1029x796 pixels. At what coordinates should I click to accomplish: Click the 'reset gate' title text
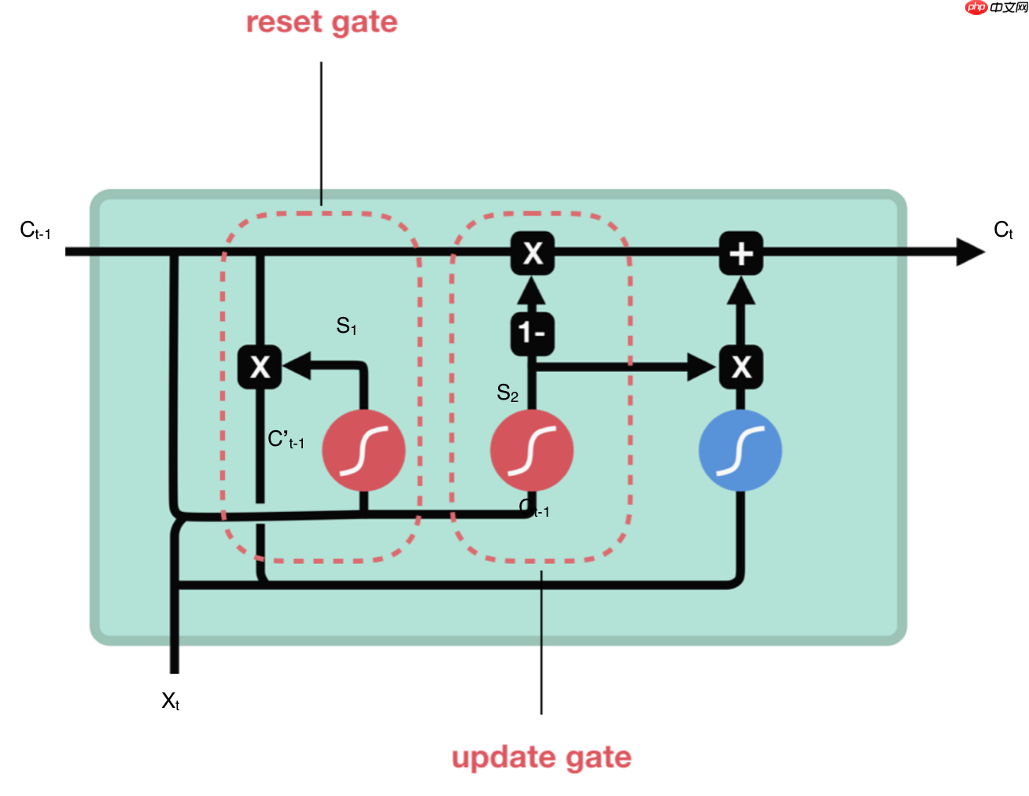[x=321, y=22]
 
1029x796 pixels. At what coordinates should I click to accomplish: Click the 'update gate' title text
[x=541, y=757]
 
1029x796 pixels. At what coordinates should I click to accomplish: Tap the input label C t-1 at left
[x=35, y=230]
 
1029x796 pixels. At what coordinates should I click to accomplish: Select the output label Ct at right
[x=1003, y=230]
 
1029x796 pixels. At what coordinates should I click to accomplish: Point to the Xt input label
[x=170, y=701]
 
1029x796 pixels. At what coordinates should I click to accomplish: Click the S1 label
[x=346, y=326]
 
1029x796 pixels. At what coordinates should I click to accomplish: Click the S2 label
[x=507, y=392]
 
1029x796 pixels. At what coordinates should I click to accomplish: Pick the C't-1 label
[x=286, y=440]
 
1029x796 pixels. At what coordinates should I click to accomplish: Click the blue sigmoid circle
[x=739, y=451]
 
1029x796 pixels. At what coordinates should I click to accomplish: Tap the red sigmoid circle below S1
[x=363, y=451]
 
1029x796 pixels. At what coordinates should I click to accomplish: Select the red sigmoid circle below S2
[x=532, y=451]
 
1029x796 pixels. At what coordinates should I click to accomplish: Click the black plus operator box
[x=740, y=253]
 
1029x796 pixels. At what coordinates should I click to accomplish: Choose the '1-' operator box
[x=533, y=334]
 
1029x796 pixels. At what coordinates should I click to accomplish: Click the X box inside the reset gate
[x=260, y=367]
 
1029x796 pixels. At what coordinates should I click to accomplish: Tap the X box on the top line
[x=533, y=253]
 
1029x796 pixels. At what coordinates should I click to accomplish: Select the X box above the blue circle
[x=740, y=367]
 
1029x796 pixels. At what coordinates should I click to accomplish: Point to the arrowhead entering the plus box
[x=740, y=291]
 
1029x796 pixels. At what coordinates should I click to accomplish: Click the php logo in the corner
[x=976, y=7]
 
